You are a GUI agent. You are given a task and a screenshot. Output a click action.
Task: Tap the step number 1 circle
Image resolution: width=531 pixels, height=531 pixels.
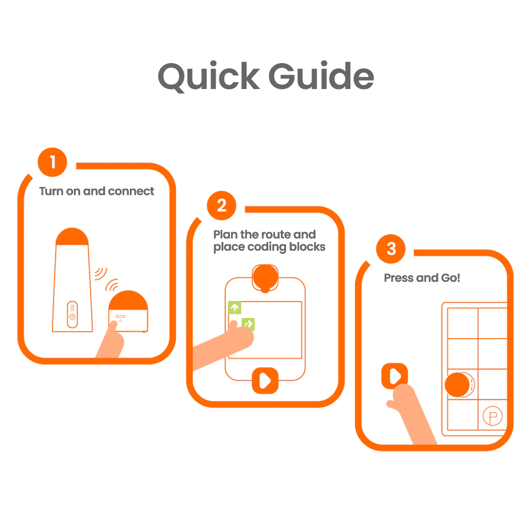[x=52, y=162]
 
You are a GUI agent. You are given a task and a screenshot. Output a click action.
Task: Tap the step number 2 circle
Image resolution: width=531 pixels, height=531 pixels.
[x=222, y=206]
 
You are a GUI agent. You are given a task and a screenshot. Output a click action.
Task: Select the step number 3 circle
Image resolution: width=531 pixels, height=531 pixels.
[x=391, y=249]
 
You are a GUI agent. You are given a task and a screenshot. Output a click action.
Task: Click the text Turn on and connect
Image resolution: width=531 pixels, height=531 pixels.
[x=96, y=191]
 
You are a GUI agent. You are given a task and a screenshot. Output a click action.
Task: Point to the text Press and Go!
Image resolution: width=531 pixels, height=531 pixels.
[x=422, y=278]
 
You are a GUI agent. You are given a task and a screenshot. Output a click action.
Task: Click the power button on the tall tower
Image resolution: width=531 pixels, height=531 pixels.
[x=72, y=317]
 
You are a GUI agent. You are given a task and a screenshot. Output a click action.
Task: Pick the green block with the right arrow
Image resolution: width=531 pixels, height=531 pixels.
[x=248, y=324]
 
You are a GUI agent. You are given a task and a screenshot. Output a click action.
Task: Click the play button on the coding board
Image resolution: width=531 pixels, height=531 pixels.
[x=265, y=379]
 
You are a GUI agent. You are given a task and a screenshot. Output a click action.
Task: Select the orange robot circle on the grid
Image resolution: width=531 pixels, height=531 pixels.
[x=457, y=385]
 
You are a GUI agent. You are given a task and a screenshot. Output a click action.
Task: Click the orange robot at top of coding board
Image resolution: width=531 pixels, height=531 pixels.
[x=265, y=277]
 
